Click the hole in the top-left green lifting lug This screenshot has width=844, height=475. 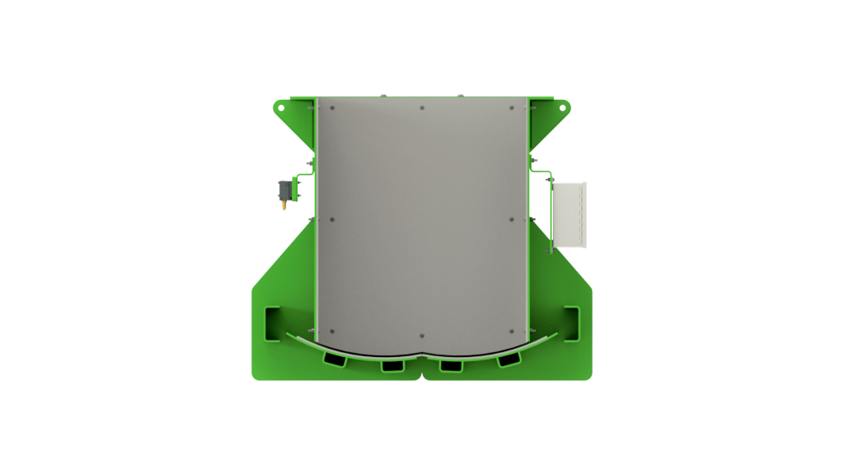pyautogui.click(x=280, y=107)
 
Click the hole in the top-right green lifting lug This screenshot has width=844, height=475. pyautogui.click(x=564, y=107)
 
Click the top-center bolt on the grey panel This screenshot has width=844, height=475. pyautogui.click(x=422, y=107)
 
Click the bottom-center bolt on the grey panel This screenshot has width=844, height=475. pyautogui.click(x=422, y=336)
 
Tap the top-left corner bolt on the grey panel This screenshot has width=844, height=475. pyautogui.click(x=332, y=107)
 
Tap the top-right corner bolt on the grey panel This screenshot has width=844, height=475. pyautogui.click(x=512, y=107)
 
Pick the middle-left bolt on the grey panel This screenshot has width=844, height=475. pyautogui.click(x=332, y=220)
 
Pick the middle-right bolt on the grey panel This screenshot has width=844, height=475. pyautogui.click(x=512, y=220)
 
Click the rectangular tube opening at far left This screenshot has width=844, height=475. pyautogui.click(x=272, y=322)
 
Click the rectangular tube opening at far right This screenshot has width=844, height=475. pyautogui.click(x=571, y=322)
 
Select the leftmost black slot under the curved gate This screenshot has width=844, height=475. pyautogui.click(x=335, y=359)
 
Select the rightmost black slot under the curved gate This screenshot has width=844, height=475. pyautogui.click(x=509, y=359)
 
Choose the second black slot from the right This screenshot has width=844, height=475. pyautogui.click(x=451, y=365)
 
